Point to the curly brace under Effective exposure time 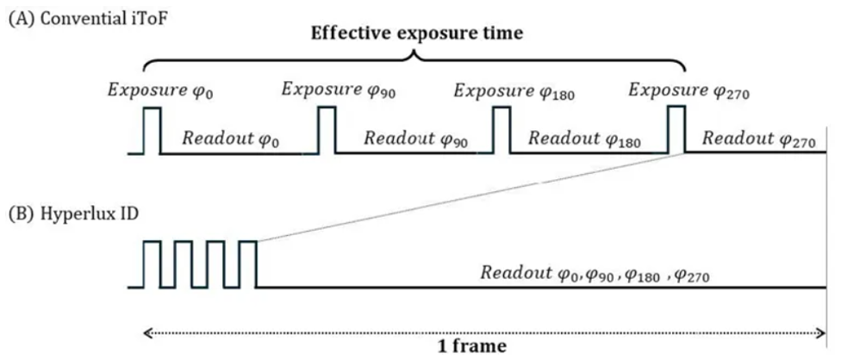414,58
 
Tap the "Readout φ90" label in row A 414,138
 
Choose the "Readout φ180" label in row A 583,138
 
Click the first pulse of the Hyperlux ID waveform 152,264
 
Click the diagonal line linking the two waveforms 470,198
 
